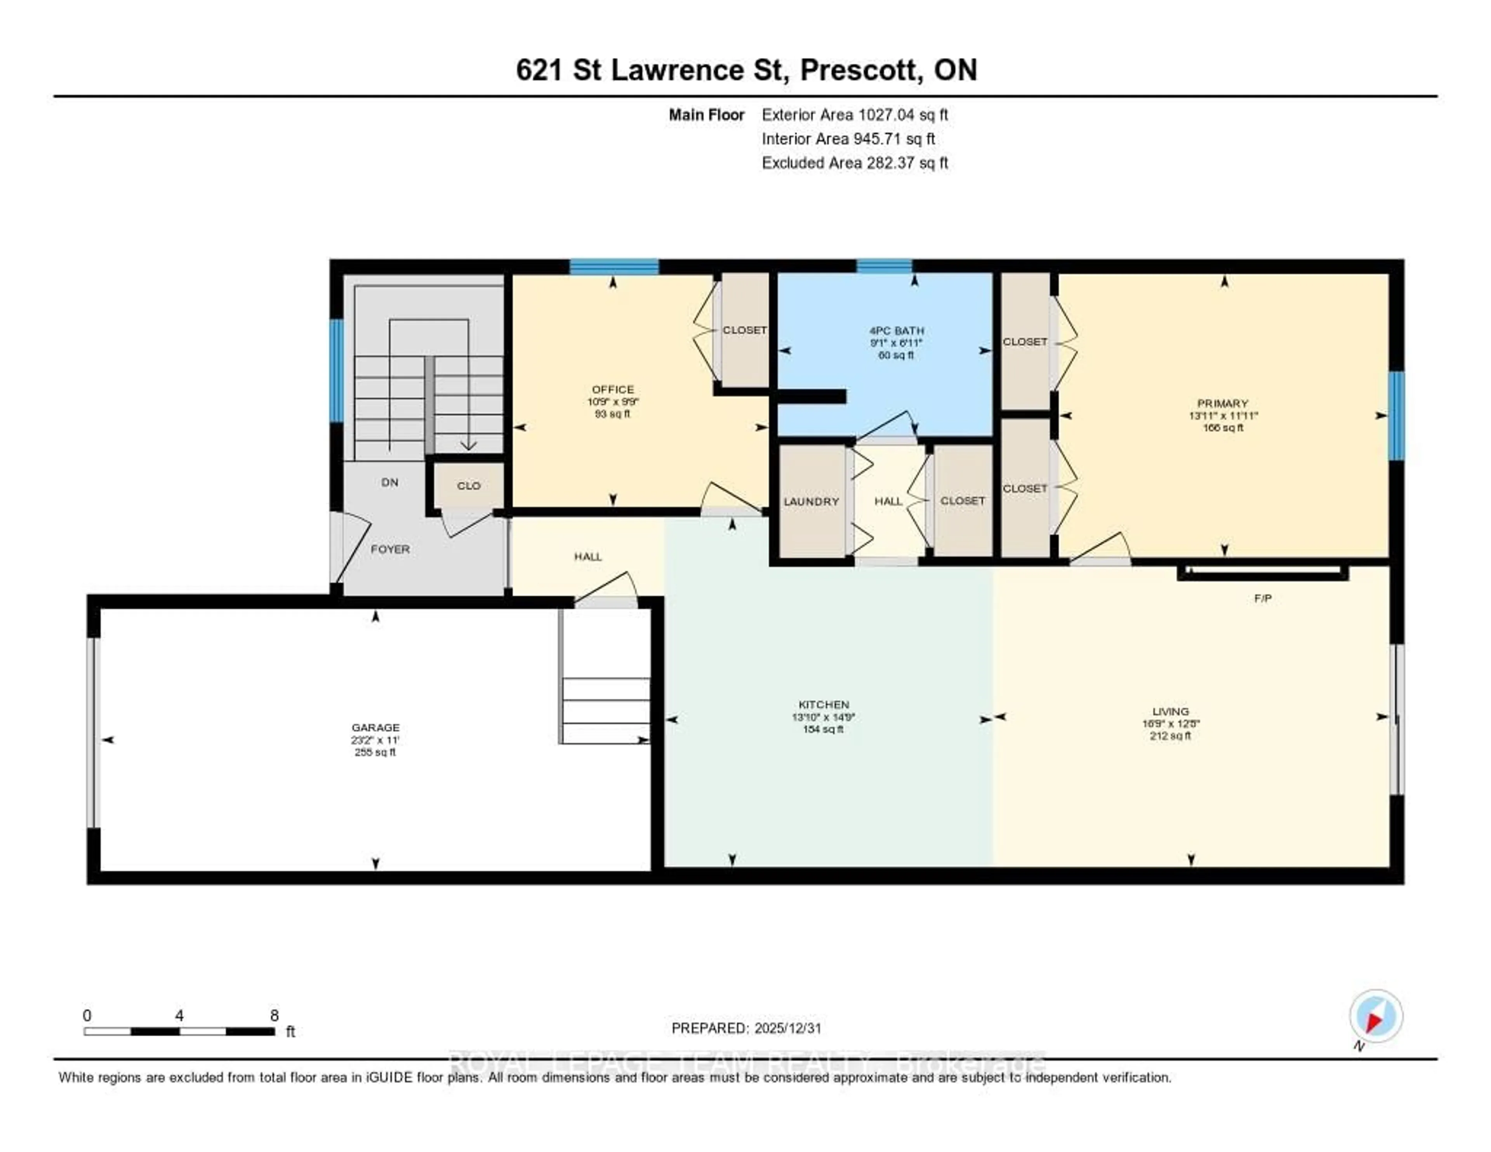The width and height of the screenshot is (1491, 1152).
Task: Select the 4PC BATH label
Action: tap(897, 331)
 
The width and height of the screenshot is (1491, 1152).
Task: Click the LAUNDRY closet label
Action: tap(811, 501)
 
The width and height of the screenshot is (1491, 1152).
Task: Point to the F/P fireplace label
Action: tap(1262, 598)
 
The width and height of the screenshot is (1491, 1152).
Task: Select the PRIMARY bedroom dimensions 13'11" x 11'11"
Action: tap(1223, 415)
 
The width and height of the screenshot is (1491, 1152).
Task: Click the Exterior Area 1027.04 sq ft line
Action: tap(854, 115)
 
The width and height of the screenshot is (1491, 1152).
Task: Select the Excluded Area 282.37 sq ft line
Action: tap(854, 162)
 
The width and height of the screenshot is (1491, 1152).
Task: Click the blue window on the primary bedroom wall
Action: tap(1397, 415)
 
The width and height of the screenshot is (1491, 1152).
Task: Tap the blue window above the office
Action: tap(614, 266)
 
